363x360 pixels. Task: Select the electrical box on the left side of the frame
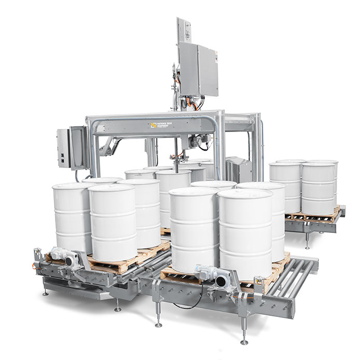click(69, 148)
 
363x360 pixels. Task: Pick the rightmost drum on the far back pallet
click(319, 187)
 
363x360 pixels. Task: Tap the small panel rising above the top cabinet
click(183, 31)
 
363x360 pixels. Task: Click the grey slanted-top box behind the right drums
click(239, 169)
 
